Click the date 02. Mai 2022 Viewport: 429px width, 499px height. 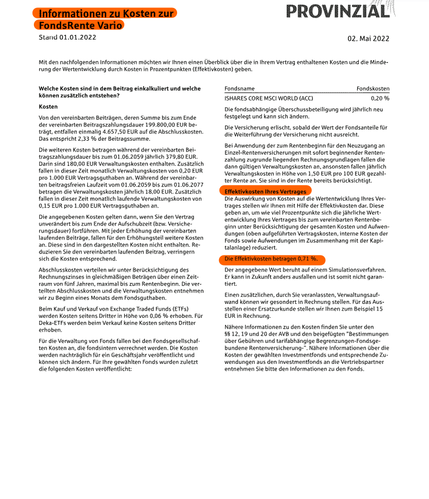tap(368, 38)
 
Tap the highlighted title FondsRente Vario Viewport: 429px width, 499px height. tap(78, 25)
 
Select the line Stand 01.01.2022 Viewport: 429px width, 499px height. tap(67, 37)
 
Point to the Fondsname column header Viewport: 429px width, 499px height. tap(239, 89)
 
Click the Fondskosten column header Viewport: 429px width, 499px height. tap(373, 89)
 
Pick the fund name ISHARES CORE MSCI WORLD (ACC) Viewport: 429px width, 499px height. tap(269, 98)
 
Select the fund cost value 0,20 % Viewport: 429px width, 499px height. tap(380, 98)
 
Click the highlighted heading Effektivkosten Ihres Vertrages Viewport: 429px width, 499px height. tap(265, 191)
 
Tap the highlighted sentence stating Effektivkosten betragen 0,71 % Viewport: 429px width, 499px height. tap(271, 259)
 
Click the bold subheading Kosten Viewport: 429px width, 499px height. tap(48, 107)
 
